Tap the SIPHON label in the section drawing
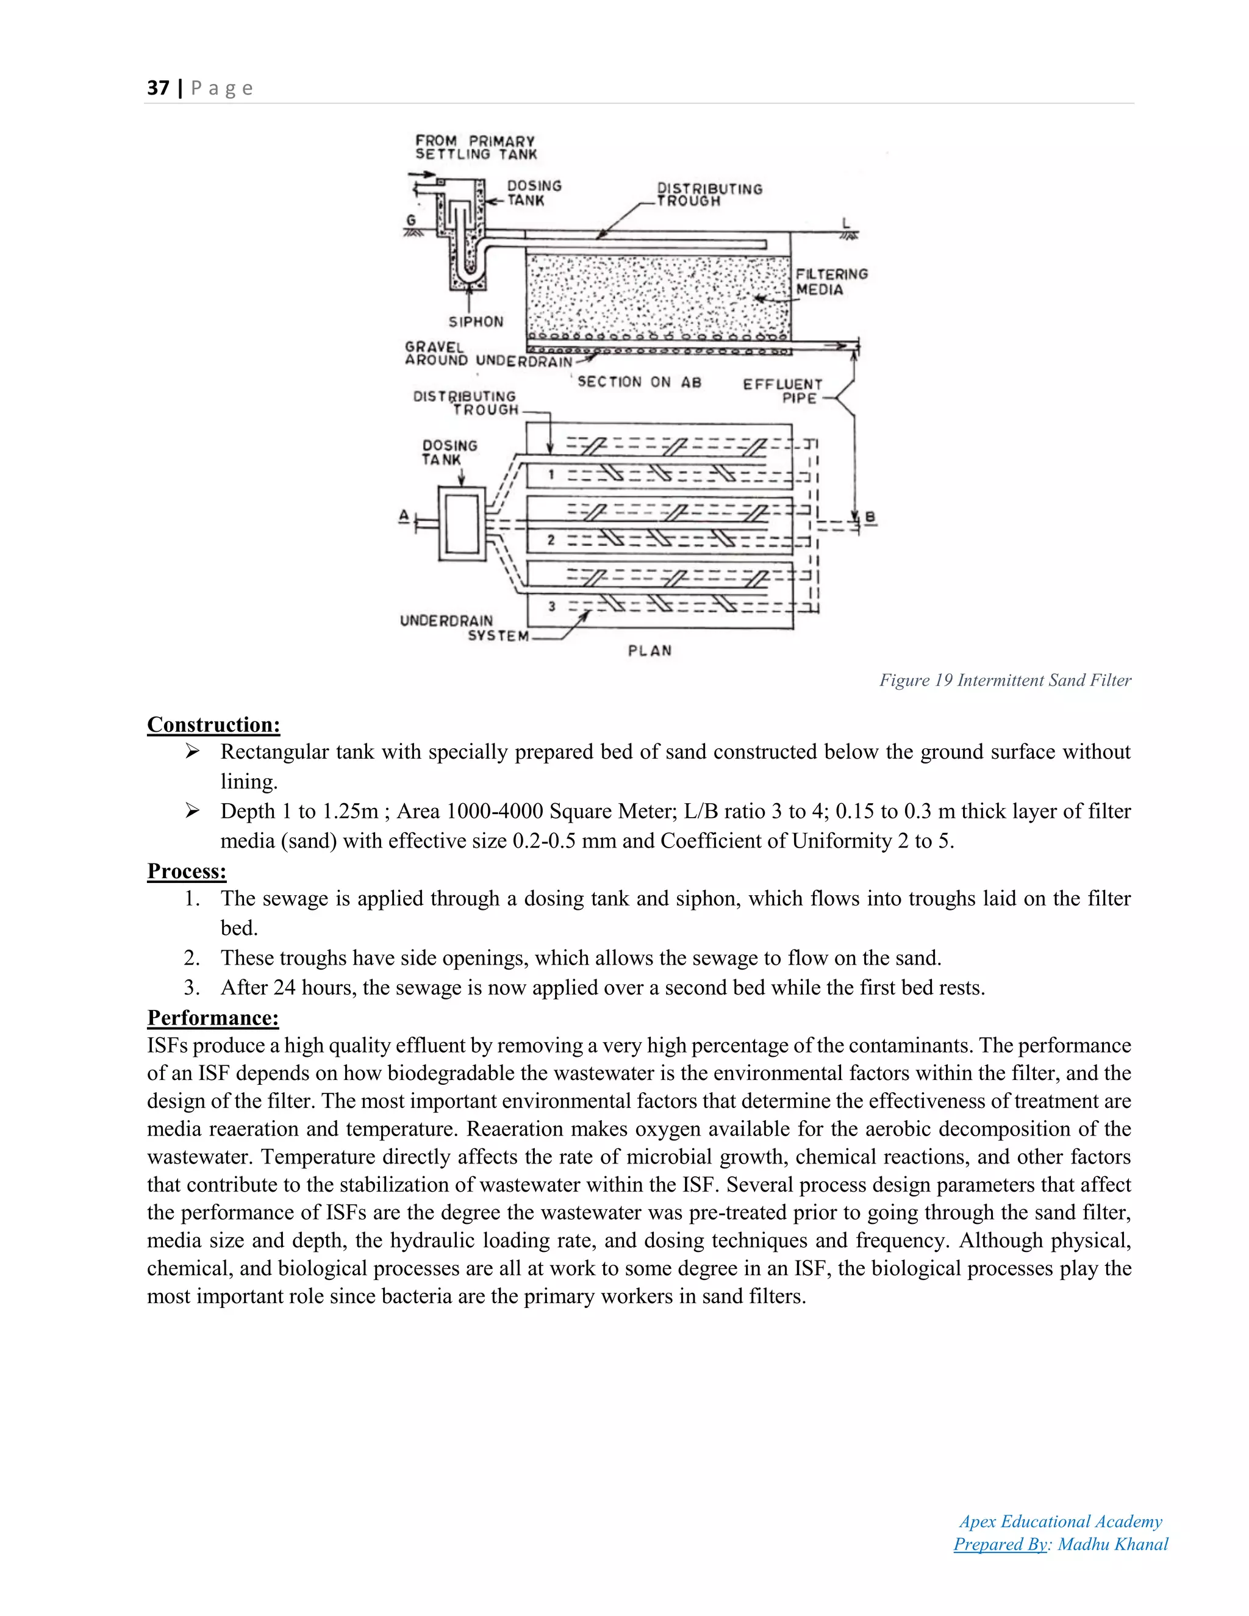tap(475, 322)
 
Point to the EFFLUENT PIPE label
tap(783, 391)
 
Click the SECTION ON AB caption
tap(639, 382)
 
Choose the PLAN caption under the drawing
tap(650, 651)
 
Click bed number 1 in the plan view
tap(551, 474)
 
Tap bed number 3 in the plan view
tap(551, 606)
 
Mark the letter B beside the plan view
tap(870, 517)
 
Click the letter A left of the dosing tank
tap(404, 515)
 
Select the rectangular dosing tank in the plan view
tap(462, 524)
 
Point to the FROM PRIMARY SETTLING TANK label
tap(475, 147)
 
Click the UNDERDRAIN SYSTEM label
tap(464, 628)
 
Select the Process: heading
tap(187, 871)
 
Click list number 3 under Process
tap(191, 988)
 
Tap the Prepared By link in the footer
tap(1000, 1544)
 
